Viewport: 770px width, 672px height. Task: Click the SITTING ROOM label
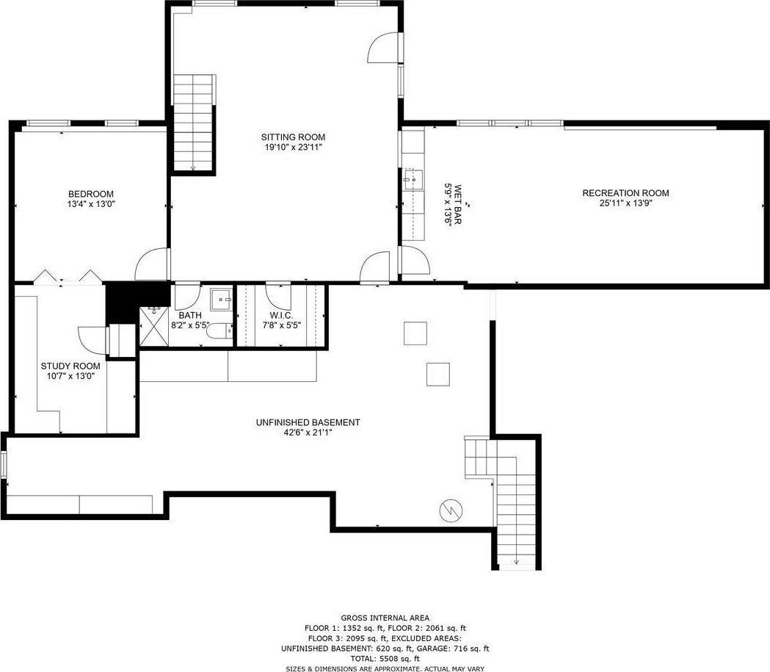[293, 137]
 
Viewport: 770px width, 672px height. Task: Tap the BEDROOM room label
[91, 194]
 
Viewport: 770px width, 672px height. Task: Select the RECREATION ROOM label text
[625, 193]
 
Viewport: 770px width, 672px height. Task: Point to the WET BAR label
[458, 204]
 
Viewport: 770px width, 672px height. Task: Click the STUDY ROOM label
[70, 366]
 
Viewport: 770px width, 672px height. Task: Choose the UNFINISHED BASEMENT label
[308, 422]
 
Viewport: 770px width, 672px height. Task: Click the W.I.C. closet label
[281, 315]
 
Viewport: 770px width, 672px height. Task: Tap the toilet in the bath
[220, 331]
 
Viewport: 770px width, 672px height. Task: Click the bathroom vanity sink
[222, 300]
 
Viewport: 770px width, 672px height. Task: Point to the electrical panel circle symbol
[451, 511]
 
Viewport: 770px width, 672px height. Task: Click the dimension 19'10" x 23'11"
[293, 147]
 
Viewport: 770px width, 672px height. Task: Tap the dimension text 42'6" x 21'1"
[308, 433]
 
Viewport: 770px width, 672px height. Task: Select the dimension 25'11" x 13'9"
[625, 203]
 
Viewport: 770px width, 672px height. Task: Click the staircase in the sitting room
[194, 123]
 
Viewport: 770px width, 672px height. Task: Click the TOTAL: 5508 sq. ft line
[385, 658]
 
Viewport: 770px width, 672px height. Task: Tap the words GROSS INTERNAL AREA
[385, 618]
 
